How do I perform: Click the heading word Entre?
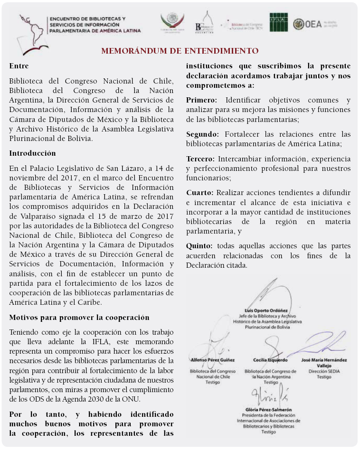point(19,66)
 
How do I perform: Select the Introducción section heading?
point(32,153)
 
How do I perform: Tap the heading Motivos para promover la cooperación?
point(79,318)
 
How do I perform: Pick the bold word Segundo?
point(203,134)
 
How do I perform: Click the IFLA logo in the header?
point(278,22)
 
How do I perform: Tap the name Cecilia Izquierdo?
point(270,360)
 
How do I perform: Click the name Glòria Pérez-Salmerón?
point(269,409)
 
